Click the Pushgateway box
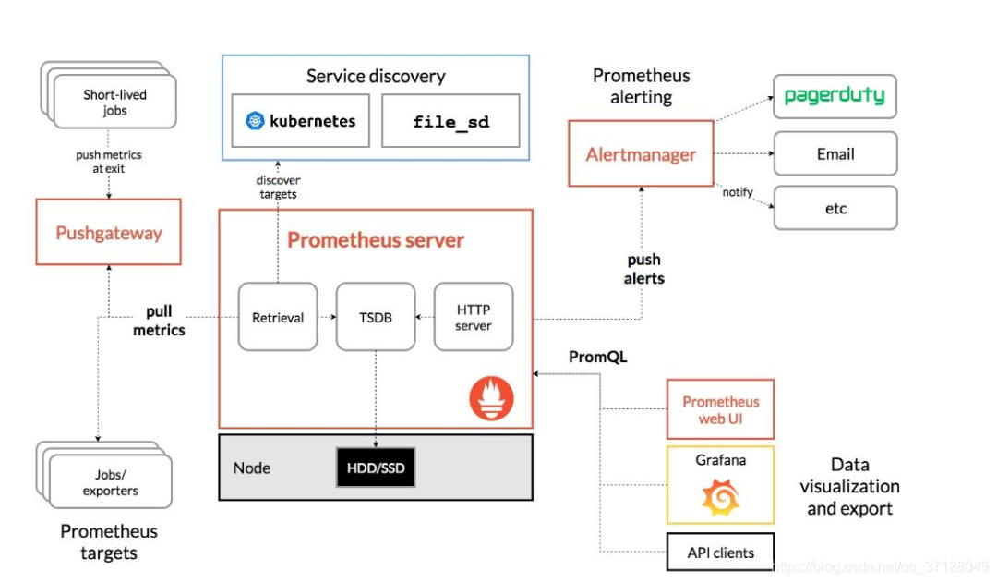coord(109,233)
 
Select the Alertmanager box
coord(641,154)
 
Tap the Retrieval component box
coord(278,317)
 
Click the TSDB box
coord(376,317)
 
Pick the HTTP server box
coord(474,317)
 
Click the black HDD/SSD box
coord(376,468)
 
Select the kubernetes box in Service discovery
coord(301,121)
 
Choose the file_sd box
coord(450,121)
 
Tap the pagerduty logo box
coord(835,96)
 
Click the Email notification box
coord(835,154)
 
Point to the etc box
coord(835,209)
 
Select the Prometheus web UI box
coord(720,409)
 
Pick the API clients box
coord(720,553)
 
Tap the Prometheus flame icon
coord(491,400)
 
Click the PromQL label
coord(598,357)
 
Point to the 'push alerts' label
coord(644,269)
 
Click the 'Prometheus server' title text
coord(376,240)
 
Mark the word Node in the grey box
coord(252,468)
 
